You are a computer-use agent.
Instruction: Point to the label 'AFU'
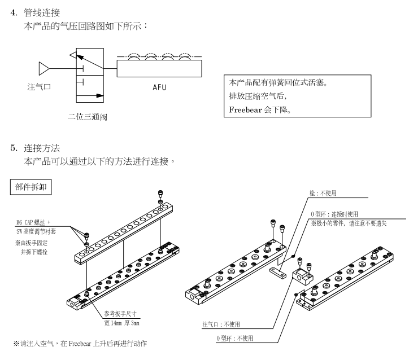pos(159,88)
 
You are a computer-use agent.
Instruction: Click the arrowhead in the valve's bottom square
pos(101,96)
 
